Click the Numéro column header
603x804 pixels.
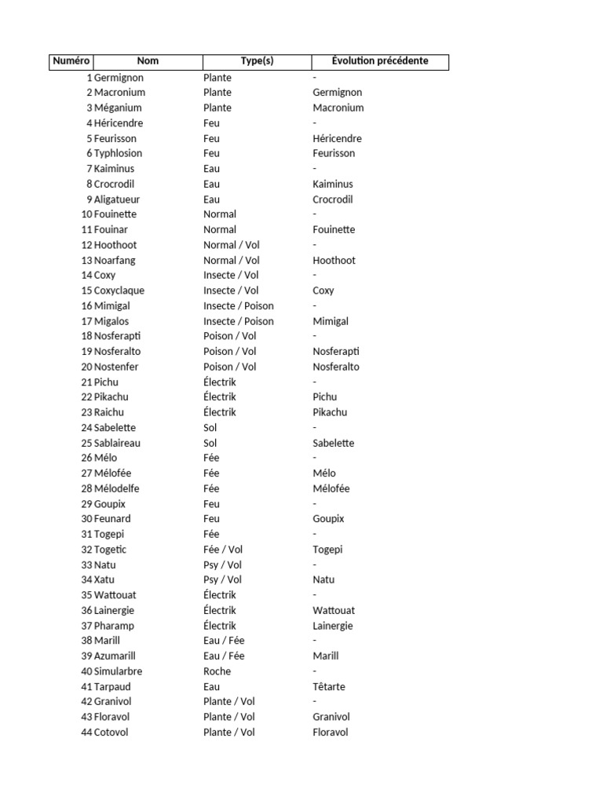(x=71, y=61)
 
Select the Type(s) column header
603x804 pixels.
(x=257, y=61)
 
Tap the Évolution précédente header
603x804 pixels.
(x=380, y=61)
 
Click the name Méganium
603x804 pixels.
(x=118, y=108)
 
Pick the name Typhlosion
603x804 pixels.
(x=118, y=153)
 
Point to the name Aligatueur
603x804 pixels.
(x=117, y=199)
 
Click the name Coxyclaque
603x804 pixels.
(x=119, y=291)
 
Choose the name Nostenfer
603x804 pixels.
(x=117, y=367)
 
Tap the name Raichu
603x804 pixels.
(x=109, y=412)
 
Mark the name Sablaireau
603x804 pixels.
(x=118, y=443)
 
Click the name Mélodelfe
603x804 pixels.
(x=116, y=488)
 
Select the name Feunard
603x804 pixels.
(x=112, y=519)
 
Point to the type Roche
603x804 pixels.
(x=217, y=671)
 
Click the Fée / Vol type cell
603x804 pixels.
(x=223, y=550)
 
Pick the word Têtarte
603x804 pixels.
(x=329, y=686)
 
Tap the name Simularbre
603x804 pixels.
(x=119, y=671)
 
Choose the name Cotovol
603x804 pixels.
(x=111, y=733)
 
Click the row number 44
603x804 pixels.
(x=86, y=733)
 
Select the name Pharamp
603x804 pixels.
(x=114, y=626)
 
